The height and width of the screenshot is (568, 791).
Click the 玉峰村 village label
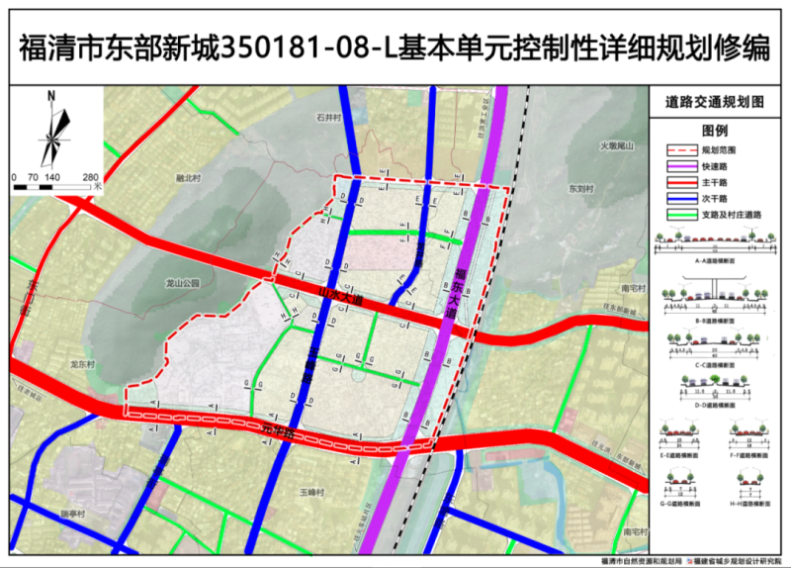tap(312, 492)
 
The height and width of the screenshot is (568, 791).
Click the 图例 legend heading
tap(715, 131)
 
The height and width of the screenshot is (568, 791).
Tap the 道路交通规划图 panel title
tap(715, 103)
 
